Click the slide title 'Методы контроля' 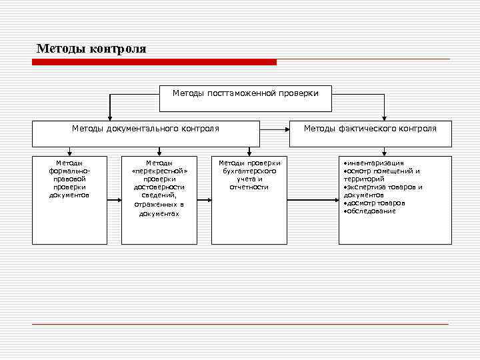91,49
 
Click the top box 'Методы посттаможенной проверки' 246,98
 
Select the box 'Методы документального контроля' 146,133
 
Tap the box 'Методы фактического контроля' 370,133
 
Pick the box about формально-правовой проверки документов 69,199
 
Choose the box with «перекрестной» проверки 160,199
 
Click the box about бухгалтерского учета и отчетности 249,199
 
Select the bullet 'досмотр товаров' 374,203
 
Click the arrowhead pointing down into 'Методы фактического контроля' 383,117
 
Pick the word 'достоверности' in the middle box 159,187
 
